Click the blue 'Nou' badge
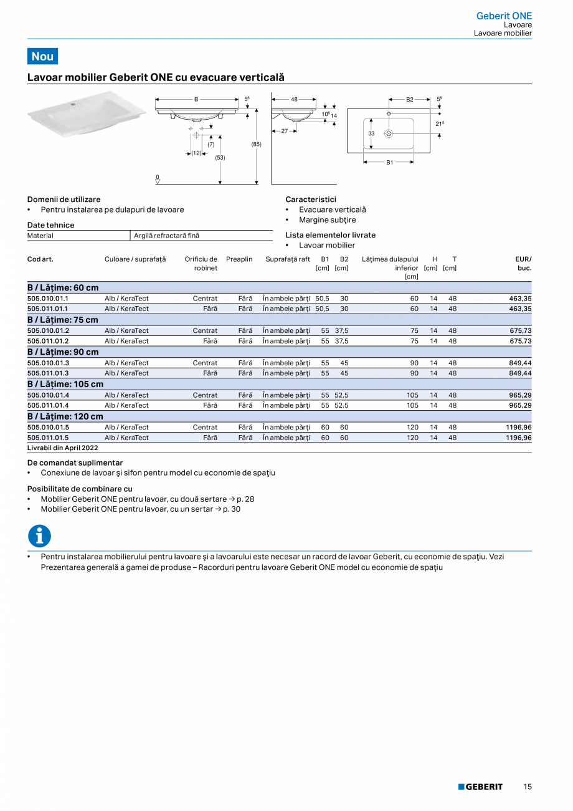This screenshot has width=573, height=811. click(42, 56)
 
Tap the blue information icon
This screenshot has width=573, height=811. click(39, 536)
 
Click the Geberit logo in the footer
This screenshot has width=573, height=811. click(480, 787)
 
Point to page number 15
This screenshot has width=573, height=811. click(527, 787)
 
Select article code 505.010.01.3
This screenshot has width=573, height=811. click(48, 363)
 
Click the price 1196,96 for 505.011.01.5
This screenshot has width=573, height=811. click(518, 438)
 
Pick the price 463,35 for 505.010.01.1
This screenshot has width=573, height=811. click(519, 299)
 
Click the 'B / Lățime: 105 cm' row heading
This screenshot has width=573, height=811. click(65, 384)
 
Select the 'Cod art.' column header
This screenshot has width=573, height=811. click(40, 259)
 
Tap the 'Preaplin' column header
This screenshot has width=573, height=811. click(239, 259)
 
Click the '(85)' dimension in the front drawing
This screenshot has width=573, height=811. click(256, 145)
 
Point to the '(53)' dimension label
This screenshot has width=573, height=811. click(220, 158)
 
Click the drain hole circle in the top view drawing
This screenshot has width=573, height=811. click(388, 133)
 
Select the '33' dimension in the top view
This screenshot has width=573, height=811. click(371, 133)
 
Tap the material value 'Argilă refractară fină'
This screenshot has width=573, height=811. click(166, 236)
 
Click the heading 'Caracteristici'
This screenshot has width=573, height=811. click(310, 199)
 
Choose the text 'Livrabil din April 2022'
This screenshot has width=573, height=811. click(63, 448)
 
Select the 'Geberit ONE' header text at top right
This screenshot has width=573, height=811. click(504, 16)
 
